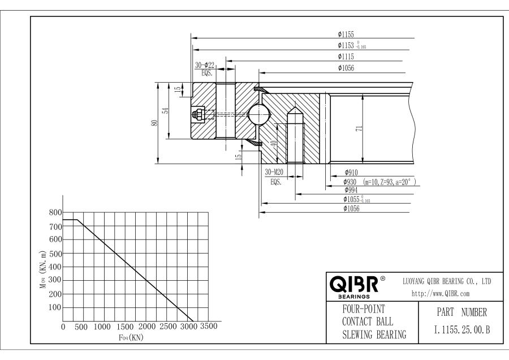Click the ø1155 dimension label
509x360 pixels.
point(346,35)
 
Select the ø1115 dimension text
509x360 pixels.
point(346,57)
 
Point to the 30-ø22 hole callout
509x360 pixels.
point(205,65)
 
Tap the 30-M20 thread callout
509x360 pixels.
point(275,172)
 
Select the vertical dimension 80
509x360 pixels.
point(154,123)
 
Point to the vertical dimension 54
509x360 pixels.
point(166,111)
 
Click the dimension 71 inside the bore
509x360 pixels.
point(359,129)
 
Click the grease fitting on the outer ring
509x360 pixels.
point(198,114)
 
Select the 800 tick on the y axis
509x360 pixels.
point(54,213)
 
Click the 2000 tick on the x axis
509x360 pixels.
point(146,327)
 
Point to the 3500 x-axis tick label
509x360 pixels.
point(209,327)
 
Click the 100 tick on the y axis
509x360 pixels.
point(54,307)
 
